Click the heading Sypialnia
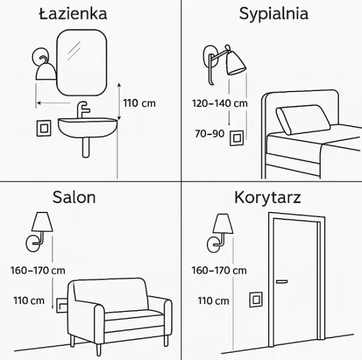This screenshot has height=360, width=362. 273,13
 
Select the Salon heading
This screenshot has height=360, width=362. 74,197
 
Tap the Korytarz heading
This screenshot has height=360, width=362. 267,197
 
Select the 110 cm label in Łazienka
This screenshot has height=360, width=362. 139,103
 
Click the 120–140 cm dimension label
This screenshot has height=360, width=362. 219,103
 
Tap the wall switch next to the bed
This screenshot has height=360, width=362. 236,137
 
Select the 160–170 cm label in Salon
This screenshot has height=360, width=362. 37,270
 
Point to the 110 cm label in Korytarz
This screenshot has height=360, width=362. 213,301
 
